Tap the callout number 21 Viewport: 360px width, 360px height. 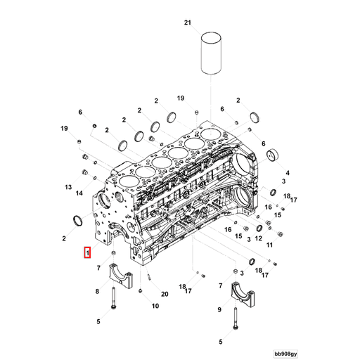coord(188,23)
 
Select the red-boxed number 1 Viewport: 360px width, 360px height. coord(87,252)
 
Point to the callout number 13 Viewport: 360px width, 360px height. coord(69,188)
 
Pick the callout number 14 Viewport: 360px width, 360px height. coord(80,193)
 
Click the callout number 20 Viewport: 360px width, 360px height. coord(165,294)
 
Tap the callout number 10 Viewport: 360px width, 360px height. coord(155,306)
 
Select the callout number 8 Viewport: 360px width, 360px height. coord(97,290)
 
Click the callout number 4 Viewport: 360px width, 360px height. coord(288,171)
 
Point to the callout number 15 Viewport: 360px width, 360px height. coord(238,236)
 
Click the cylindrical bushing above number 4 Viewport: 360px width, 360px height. coord(271,155)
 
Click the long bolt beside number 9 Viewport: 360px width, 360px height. coord(233,323)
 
